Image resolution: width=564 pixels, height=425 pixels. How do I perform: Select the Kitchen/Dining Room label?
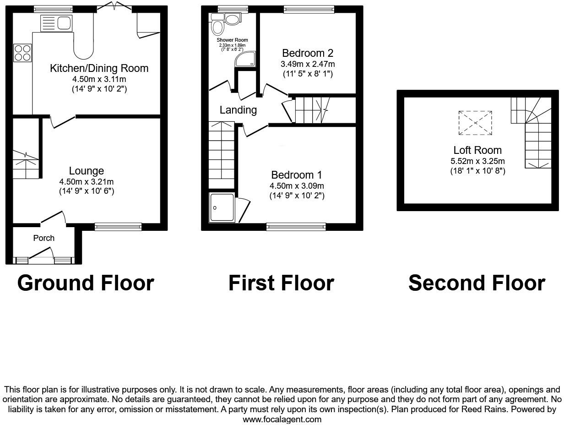click(99, 69)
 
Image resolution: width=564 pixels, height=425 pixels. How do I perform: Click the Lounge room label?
click(87, 171)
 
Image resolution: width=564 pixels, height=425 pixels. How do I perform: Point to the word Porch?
click(44, 238)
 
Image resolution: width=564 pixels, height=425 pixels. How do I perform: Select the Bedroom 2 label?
click(307, 53)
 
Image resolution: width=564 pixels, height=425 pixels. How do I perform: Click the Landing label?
click(238, 110)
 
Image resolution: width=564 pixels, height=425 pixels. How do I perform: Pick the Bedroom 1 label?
click(297, 175)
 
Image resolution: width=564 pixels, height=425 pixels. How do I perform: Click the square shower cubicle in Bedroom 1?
click(222, 208)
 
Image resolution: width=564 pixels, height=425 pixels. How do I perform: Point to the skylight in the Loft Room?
click(476, 123)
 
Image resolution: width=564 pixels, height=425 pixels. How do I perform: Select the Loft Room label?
click(477, 150)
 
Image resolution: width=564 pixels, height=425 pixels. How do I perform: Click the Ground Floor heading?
click(86, 283)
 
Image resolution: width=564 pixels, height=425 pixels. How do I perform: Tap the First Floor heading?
click(281, 283)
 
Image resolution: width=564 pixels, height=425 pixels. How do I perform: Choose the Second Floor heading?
click(477, 283)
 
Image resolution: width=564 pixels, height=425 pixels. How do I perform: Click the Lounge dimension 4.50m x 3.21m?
click(87, 181)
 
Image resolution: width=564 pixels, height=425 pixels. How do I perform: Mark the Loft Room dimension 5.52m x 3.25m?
click(477, 161)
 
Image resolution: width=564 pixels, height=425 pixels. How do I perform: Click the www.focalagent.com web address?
click(282, 419)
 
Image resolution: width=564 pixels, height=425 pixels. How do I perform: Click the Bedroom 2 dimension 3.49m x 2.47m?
click(307, 64)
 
